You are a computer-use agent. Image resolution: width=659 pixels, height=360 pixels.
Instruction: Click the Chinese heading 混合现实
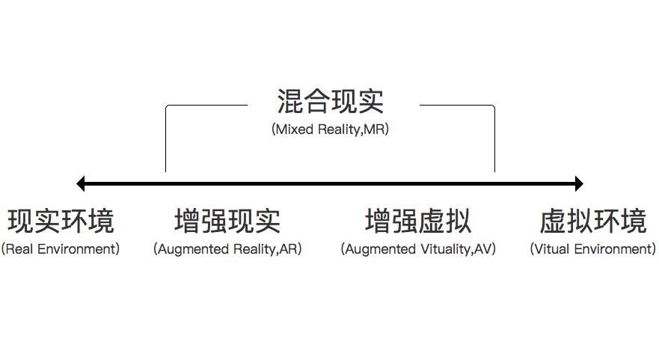coord(330,101)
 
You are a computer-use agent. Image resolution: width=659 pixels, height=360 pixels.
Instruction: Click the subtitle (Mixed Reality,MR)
coord(330,129)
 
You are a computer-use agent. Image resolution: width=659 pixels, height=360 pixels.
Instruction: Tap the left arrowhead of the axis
coord(81,183)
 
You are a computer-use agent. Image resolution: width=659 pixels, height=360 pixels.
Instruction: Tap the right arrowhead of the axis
coord(578,183)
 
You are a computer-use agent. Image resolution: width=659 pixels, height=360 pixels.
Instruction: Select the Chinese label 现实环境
coord(61,222)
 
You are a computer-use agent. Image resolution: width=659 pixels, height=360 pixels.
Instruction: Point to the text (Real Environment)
coord(61,248)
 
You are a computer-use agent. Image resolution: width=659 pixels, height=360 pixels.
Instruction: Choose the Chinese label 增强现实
coord(227,222)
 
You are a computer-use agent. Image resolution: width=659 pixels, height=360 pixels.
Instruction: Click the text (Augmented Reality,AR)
coord(227,248)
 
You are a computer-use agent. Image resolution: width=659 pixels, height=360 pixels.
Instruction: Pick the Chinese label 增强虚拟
coord(418,222)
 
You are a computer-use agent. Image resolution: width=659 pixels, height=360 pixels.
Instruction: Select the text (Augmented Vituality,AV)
coord(418,248)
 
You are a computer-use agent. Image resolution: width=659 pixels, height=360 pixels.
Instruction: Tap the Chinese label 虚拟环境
coord(592,222)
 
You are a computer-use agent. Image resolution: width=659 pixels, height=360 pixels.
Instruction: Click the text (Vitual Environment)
coord(592,248)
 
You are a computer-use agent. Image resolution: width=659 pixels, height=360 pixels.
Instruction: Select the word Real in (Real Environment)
coord(18,248)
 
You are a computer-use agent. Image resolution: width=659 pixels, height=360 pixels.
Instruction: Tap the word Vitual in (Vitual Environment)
coord(551,248)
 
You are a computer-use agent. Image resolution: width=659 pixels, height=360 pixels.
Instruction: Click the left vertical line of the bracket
coord(166,142)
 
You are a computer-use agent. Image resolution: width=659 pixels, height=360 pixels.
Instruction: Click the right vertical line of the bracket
coord(494,142)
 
